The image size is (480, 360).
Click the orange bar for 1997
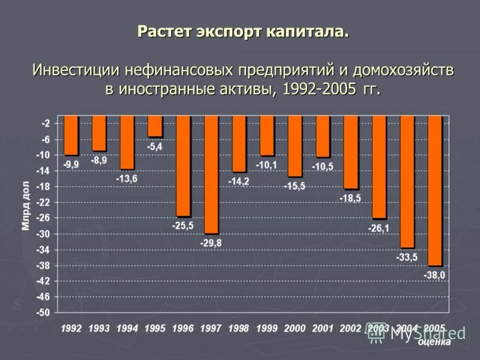pyautogui.click(x=211, y=174)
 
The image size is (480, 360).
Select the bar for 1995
pyautogui.click(x=155, y=126)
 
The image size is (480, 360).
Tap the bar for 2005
pyautogui.click(x=435, y=190)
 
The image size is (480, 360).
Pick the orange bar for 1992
pyautogui.click(x=71, y=135)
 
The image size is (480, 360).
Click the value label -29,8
pyautogui.click(x=211, y=243)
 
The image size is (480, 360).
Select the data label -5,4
pyautogui.click(x=155, y=146)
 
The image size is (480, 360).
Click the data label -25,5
pyautogui.click(x=183, y=226)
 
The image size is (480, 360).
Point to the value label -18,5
pyautogui.click(x=350, y=197)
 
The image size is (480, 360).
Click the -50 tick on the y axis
pyautogui.click(x=44, y=313)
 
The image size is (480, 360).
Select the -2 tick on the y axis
pyautogui.click(x=46, y=123)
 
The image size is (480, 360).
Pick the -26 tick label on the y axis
pyautogui.click(x=44, y=218)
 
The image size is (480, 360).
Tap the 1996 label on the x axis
pyautogui.click(x=182, y=328)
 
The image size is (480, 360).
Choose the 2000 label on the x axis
pyautogui.click(x=294, y=328)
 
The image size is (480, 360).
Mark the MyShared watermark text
pyautogui.click(x=428, y=334)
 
